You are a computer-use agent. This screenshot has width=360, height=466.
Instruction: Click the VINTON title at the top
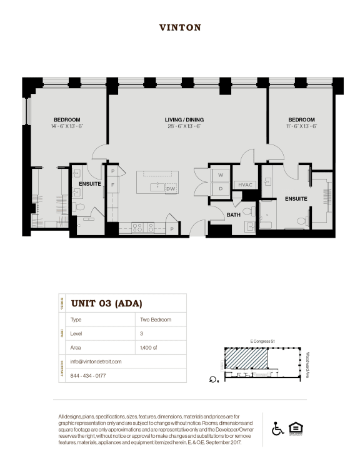point(179,28)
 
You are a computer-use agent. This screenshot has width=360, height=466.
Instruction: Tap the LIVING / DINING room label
point(184,119)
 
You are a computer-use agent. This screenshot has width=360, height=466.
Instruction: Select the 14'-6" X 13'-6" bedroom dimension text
point(67,126)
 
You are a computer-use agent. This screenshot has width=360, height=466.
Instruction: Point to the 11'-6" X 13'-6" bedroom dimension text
point(301,126)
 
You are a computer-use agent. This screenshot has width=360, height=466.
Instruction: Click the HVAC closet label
point(244,185)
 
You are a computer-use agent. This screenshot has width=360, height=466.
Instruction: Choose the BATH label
point(233,215)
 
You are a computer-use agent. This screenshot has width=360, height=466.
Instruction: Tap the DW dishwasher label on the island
point(170,188)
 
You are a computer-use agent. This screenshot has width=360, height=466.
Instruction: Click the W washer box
point(221,175)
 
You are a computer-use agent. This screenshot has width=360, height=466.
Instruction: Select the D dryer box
point(221,188)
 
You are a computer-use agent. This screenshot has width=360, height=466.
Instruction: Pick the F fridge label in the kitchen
point(113,185)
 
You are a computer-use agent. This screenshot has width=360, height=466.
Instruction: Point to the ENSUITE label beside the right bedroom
point(296,198)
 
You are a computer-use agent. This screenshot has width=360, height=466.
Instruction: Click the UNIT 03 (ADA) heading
point(106,304)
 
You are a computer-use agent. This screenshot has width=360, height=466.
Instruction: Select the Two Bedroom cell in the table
point(156,320)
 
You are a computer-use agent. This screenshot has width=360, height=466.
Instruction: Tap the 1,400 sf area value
point(150,347)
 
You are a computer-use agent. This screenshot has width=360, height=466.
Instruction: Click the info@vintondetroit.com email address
point(96,362)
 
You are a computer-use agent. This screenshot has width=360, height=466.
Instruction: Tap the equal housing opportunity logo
point(294,429)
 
